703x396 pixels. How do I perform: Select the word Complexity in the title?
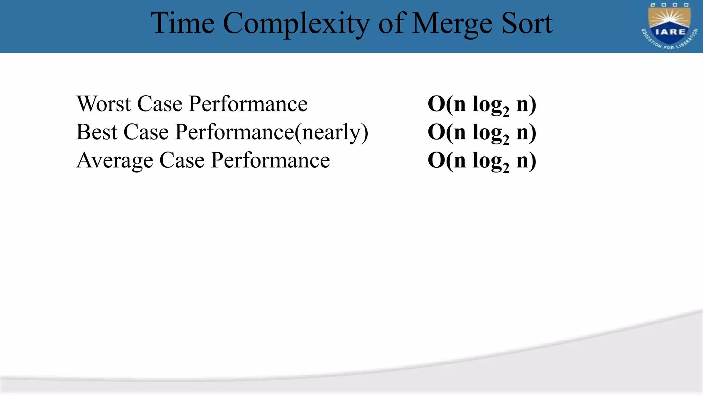[x=296, y=24]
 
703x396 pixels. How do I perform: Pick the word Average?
[x=115, y=161]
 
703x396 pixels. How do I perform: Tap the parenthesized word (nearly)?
[x=332, y=132]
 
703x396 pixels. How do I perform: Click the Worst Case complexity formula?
[x=482, y=104]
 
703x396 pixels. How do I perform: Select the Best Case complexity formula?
[x=482, y=132]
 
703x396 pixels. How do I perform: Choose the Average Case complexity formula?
[x=482, y=161]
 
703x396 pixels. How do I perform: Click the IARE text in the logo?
[x=670, y=32]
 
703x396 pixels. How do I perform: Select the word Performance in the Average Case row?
[x=270, y=160]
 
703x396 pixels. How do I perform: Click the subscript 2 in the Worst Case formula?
[x=506, y=112]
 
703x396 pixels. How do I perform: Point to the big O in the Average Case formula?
[x=436, y=161]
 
